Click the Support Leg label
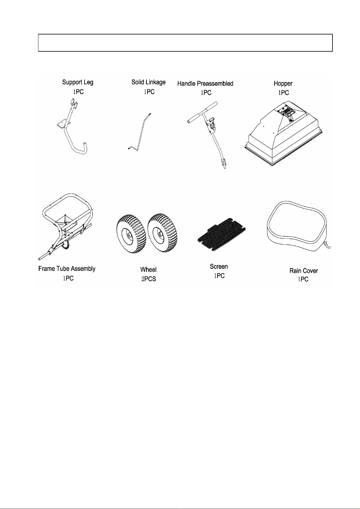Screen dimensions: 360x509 point(78,82)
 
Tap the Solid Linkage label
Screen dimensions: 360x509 point(148,82)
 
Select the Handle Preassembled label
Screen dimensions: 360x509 point(205,84)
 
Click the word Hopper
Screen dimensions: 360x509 point(283,84)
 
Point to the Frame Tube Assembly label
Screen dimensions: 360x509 point(67,269)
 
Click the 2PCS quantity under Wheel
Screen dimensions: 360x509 point(149,279)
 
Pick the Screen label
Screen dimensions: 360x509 point(219,266)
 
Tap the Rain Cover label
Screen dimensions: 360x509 point(303,271)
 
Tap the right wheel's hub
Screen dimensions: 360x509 point(159,234)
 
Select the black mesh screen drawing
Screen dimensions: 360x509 point(222,234)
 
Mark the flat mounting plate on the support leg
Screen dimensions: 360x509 point(62,125)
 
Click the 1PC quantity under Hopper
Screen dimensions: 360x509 point(284,93)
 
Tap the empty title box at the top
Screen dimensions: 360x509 point(185,43)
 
